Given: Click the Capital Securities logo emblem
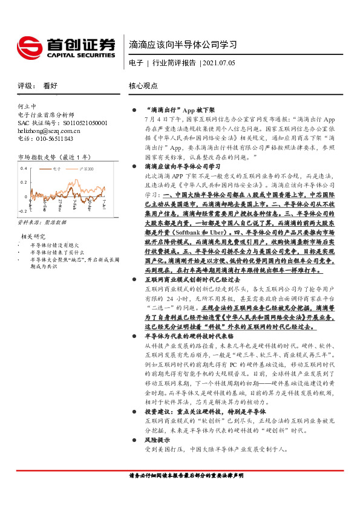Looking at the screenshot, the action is click(x=28, y=48).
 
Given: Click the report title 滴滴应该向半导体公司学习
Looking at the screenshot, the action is click(x=182, y=44).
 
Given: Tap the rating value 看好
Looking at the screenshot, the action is click(x=50, y=86).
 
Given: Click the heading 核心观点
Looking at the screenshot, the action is click(x=143, y=86).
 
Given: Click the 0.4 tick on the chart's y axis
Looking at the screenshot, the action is click(x=23, y=168).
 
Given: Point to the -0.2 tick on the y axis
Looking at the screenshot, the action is click(x=22, y=211).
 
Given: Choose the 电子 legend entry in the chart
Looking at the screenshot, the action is click(x=57, y=169).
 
